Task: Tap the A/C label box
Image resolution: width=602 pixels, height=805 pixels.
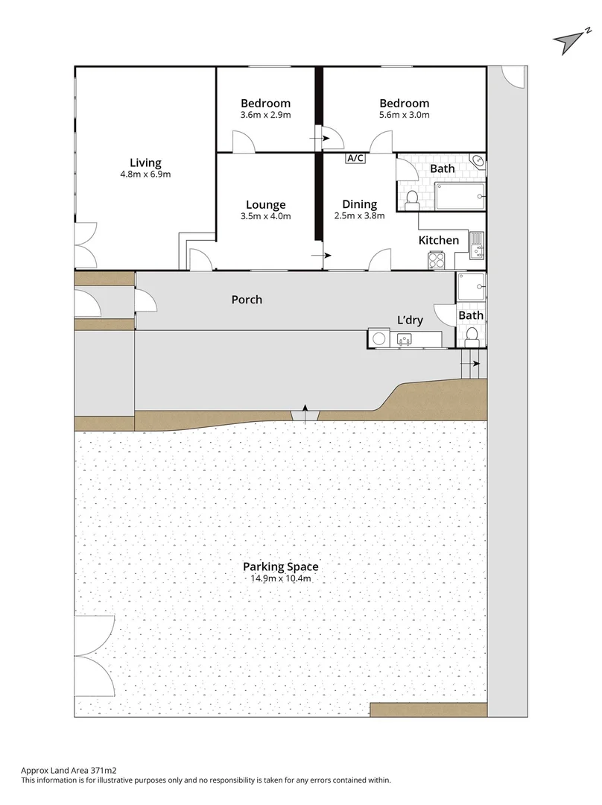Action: point(355,158)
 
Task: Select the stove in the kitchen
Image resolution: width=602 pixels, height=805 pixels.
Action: point(437,260)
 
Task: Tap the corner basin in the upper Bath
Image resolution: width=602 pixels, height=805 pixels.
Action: point(478,160)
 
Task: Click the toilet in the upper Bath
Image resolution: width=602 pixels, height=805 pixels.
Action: point(411,198)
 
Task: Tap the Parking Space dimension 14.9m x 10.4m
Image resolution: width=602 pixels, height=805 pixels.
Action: point(280,578)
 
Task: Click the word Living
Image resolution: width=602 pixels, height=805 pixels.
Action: point(145,163)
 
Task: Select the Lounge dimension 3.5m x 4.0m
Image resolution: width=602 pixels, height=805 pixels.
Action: point(265,216)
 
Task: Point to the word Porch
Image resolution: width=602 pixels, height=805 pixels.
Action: point(247,300)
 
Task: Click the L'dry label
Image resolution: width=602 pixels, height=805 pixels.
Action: point(410,320)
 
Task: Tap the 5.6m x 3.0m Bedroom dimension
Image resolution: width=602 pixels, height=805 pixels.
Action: point(404,115)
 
